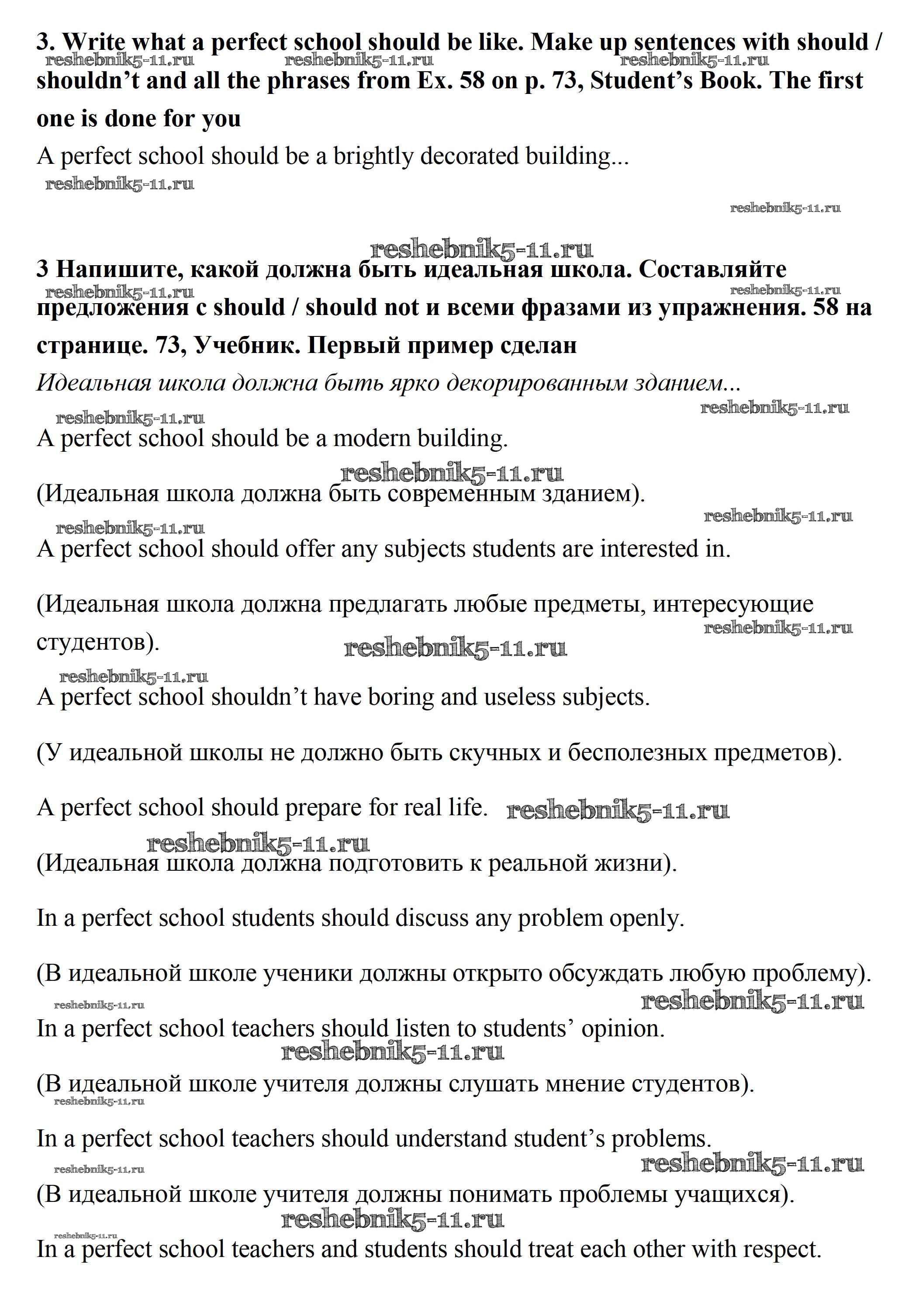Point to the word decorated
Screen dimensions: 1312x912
(x=469, y=156)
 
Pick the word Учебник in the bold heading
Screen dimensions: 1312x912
(x=247, y=345)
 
